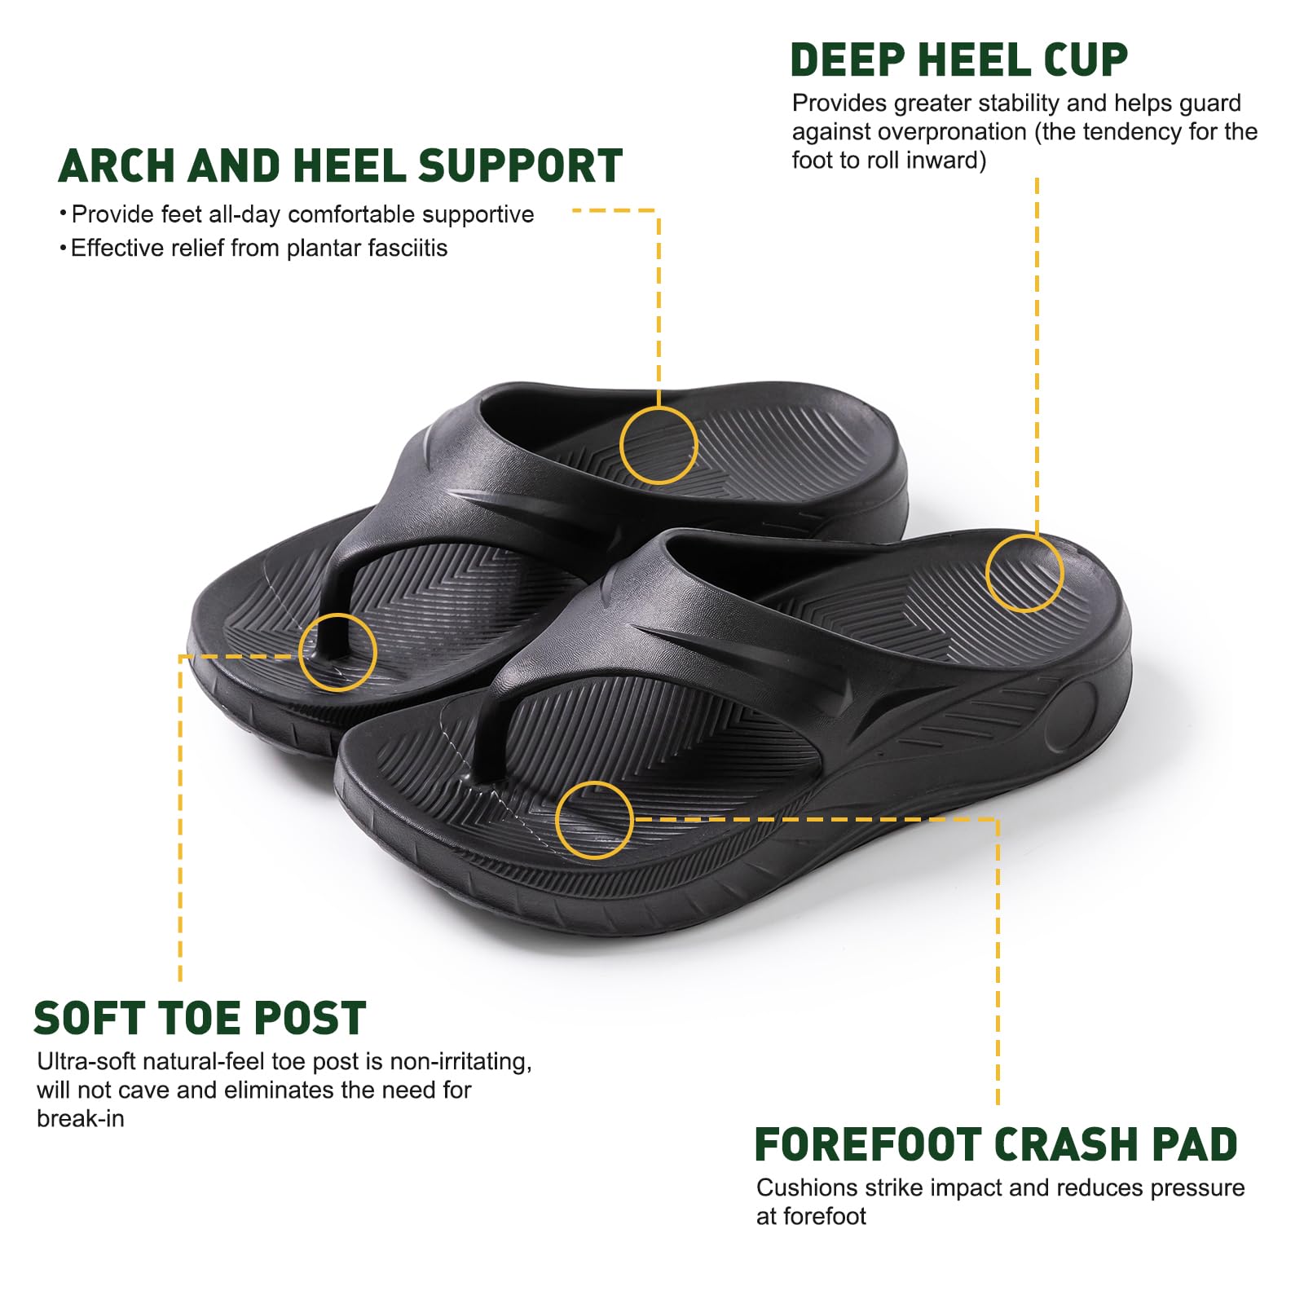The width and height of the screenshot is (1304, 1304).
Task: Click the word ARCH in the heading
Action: [117, 166]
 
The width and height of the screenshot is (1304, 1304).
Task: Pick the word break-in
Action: [81, 1118]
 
